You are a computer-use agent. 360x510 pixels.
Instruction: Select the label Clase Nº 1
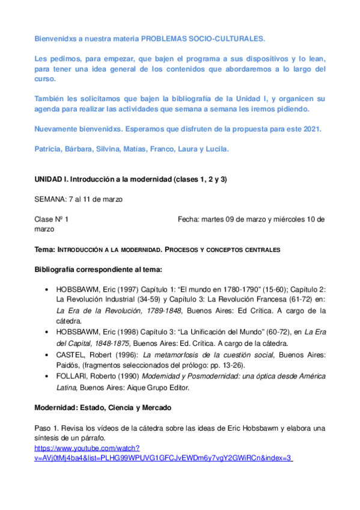(x=52, y=220)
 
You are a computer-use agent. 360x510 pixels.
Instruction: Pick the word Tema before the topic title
(x=44, y=248)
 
